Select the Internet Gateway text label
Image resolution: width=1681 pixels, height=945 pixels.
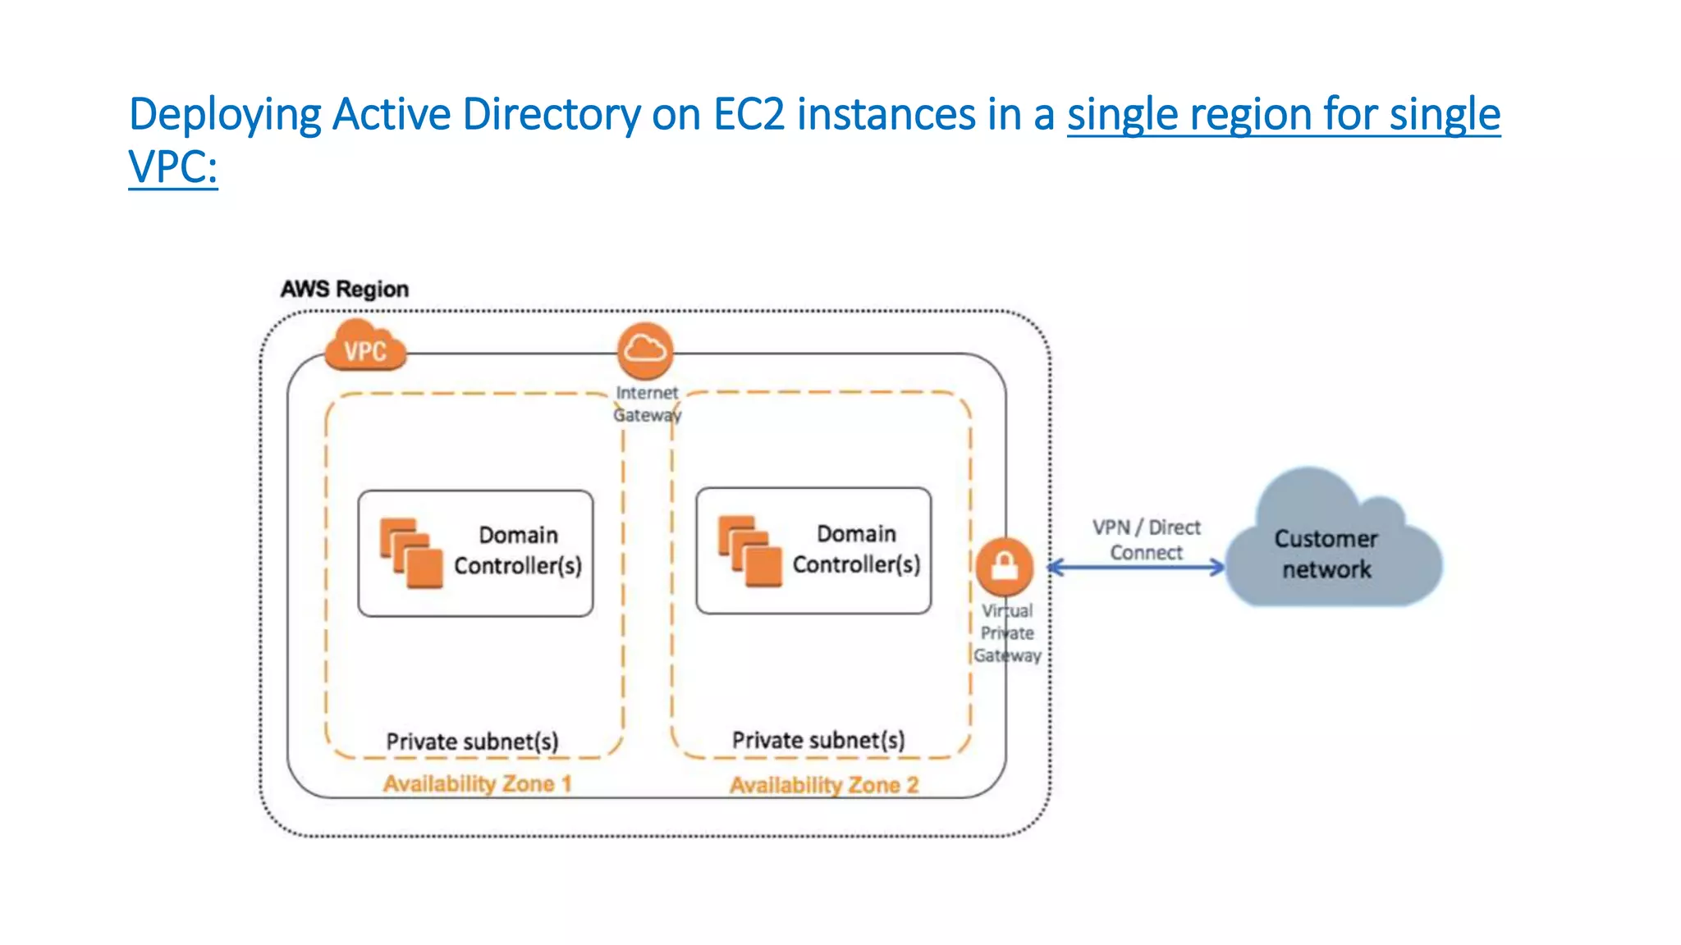[x=647, y=404]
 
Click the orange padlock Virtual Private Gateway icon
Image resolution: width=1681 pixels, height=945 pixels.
[x=1004, y=566]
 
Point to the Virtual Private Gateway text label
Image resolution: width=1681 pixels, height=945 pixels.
[x=1007, y=633]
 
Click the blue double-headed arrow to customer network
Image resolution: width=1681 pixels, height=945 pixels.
[x=1136, y=567]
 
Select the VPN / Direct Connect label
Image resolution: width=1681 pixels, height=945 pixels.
[x=1146, y=540]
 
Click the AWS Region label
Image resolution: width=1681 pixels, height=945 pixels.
[x=345, y=289]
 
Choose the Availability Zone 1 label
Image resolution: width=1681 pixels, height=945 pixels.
[x=477, y=783]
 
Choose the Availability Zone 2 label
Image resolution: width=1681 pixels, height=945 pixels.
[x=824, y=785]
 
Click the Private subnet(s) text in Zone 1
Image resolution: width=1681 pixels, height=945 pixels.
[x=472, y=742]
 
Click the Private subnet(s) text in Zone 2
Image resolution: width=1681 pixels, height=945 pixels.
[x=818, y=740]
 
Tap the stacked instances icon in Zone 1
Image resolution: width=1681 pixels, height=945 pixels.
[x=411, y=552]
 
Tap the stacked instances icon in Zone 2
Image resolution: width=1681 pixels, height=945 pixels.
[x=749, y=550]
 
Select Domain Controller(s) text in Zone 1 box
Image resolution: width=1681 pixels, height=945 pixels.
[x=518, y=550]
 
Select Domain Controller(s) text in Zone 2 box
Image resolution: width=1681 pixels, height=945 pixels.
[x=856, y=549]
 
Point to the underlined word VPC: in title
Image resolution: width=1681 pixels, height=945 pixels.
[x=173, y=167]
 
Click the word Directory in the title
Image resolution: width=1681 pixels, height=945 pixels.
[x=551, y=114]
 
